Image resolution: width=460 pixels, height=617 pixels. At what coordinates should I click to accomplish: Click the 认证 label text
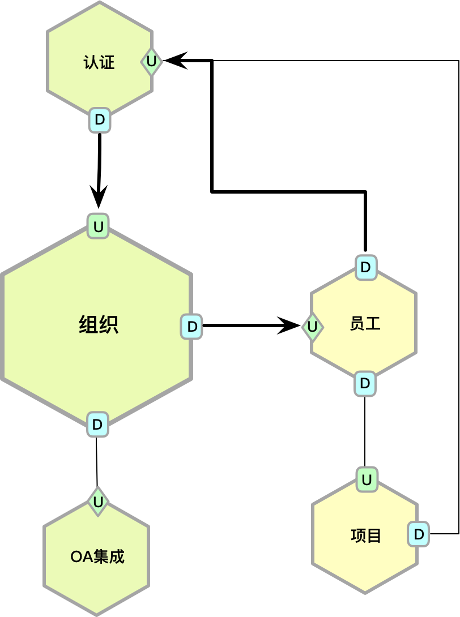point(99,62)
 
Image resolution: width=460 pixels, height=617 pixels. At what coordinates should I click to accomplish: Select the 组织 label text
point(99,325)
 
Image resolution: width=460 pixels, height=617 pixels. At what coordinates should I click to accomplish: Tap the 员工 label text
point(365,324)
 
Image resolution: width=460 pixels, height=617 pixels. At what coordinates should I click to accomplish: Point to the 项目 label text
point(366,535)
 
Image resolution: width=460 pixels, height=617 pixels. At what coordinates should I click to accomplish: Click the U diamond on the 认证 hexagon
point(151,61)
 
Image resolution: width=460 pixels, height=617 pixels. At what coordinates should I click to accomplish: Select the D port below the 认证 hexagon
point(100,120)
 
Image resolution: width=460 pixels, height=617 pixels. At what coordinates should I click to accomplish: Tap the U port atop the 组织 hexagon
point(98,226)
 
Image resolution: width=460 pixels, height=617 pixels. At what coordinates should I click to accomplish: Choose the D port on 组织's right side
point(191,327)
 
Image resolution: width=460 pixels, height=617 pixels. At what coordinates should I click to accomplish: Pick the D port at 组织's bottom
point(97,425)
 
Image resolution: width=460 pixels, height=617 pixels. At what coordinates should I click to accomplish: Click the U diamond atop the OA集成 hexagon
point(98,502)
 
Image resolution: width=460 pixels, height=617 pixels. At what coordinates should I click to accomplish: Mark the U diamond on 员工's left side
point(312,327)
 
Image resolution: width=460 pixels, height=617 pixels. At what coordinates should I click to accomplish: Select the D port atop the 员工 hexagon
point(366,267)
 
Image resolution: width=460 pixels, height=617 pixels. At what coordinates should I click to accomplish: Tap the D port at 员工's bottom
point(365,384)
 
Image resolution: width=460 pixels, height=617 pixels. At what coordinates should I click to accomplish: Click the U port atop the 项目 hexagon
point(367,480)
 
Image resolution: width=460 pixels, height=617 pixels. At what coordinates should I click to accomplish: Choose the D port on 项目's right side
point(418,534)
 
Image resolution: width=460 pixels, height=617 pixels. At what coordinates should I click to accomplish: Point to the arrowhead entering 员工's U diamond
point(290,325)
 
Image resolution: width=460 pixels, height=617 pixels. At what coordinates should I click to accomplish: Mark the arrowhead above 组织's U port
point(99,198)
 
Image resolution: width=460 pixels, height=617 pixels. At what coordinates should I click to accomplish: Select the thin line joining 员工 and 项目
point(365,431)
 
